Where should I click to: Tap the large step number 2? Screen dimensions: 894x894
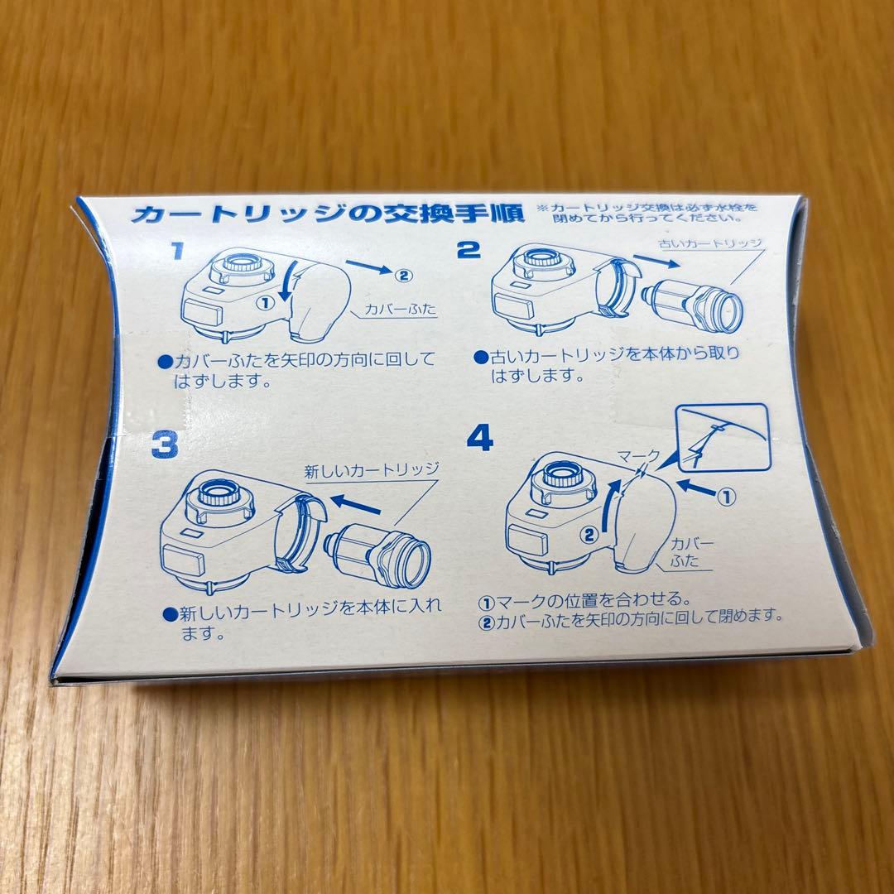click(469, 249)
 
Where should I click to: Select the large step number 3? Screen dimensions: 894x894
click(166, 446)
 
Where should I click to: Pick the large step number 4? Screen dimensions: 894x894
click(479, 436)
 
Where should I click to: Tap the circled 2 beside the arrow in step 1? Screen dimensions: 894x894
click(402, 275)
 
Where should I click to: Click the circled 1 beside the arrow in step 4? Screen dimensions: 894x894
click(725, 497)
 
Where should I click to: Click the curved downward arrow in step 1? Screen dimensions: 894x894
click(284, 286)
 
